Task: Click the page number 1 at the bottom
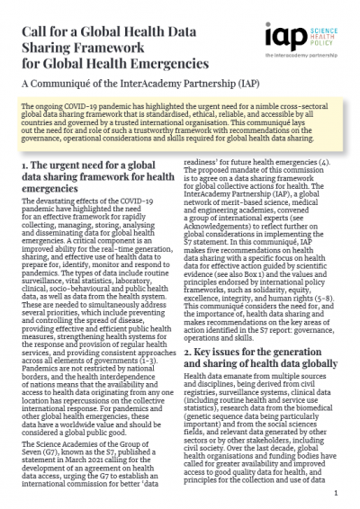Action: coord(334,494)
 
